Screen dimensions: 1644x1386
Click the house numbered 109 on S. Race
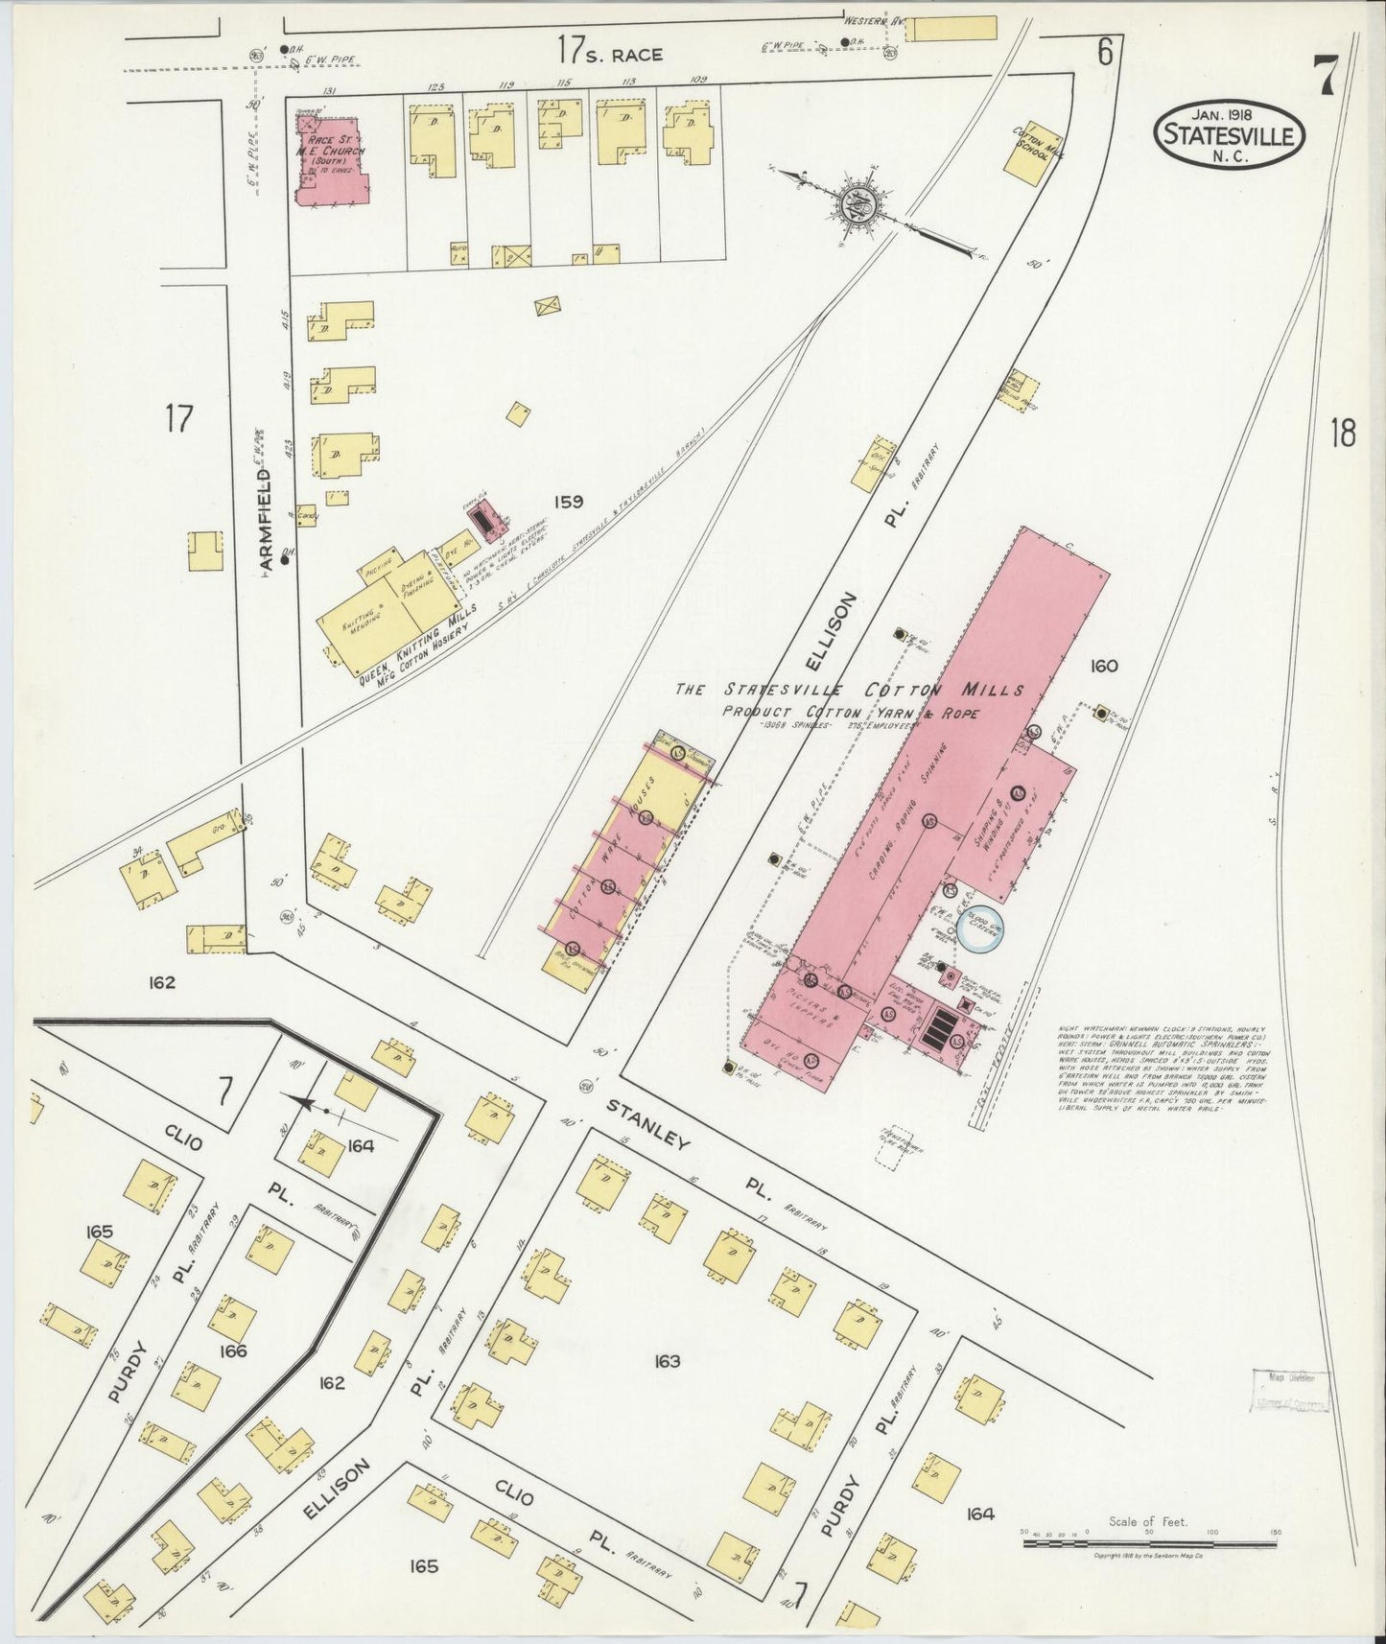coord(688,129)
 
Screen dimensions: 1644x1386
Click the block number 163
coord(666,1361)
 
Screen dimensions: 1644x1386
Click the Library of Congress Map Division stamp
coord(1290,1391)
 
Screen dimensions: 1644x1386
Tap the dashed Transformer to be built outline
coord(892,1145)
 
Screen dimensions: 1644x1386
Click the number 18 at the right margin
coord(1343,434)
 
